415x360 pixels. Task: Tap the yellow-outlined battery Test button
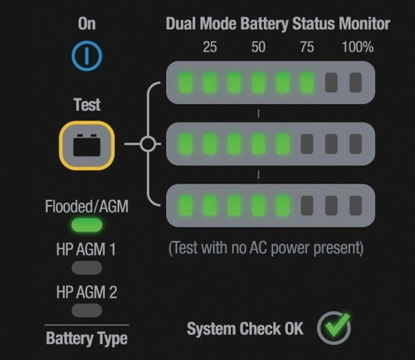(x=86, y=146)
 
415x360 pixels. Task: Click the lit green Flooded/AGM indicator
(x=86, y=225)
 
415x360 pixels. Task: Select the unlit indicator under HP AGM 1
(x=86, y=267)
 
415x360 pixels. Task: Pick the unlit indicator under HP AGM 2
(x=86, y=310)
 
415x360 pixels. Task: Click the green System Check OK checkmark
(x=334, y=329)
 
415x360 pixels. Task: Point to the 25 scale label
(x=210, y=47)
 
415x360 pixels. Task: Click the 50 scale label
(x=258, y=47)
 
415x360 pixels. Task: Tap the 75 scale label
(x=306, y=47)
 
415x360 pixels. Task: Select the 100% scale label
(x=358, y=47)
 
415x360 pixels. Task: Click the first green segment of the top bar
(x=186, y=83)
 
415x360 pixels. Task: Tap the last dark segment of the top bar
(x=356, y=83)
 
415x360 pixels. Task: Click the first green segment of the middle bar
(x=186, y=145)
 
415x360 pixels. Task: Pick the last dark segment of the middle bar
(x=356, y=145)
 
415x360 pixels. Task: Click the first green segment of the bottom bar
(x=186, y=206)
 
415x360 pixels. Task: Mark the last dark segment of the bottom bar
(x=356, y=206)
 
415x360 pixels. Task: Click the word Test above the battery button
(x=86, y=105)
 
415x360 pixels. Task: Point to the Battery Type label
(x=86, y=339)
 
